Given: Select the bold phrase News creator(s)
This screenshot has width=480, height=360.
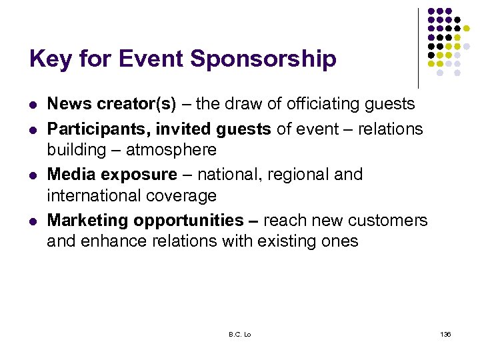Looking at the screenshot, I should click(112, 104).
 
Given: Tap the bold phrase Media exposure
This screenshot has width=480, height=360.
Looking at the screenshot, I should click(112, 175).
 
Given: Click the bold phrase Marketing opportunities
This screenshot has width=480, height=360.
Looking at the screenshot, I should click(145, 221).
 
